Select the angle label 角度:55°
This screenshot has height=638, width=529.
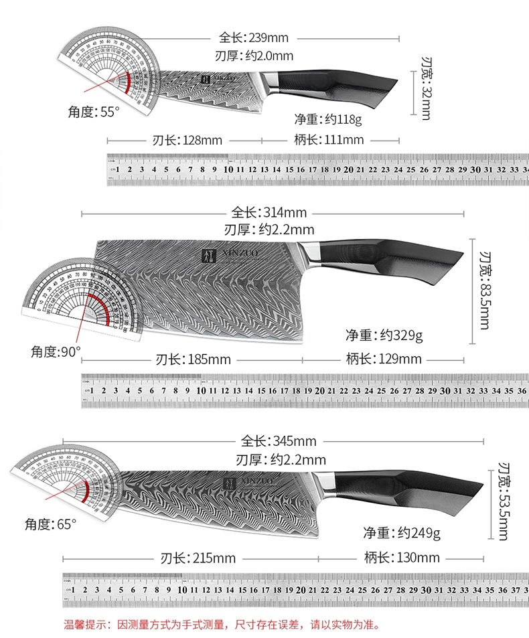93,112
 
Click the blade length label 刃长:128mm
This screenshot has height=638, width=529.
183,140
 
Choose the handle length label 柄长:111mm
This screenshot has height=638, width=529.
329,140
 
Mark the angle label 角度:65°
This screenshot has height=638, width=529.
48,524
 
